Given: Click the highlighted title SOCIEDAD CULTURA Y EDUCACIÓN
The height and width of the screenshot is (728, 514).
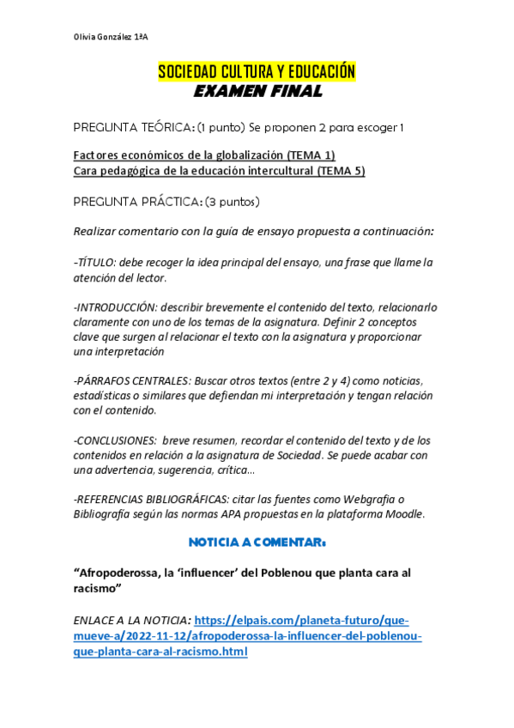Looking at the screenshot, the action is pos(257,72).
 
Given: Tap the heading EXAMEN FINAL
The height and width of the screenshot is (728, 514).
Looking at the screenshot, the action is pos(257,91).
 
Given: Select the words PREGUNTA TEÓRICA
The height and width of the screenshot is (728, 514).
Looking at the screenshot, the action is pos(132,128).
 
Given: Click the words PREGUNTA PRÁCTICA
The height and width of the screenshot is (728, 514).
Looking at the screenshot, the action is pos(133,202).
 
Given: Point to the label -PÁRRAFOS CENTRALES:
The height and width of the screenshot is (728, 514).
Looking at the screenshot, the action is pos(132,381).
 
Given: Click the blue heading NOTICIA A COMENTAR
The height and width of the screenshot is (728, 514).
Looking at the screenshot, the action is pos(257,543).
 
